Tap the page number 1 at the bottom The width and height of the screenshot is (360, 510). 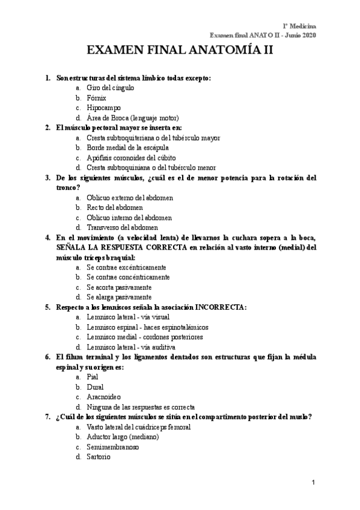click(x=313, y=484)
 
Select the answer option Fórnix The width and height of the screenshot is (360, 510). click(x=96, y=97)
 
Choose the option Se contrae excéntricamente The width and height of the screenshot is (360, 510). click(x=126, y=267)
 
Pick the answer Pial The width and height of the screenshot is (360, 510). click(x=92, y=376)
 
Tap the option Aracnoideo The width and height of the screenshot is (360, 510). click(x=103, y=396)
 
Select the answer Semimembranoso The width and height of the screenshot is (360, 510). click(x=112, y=447)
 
